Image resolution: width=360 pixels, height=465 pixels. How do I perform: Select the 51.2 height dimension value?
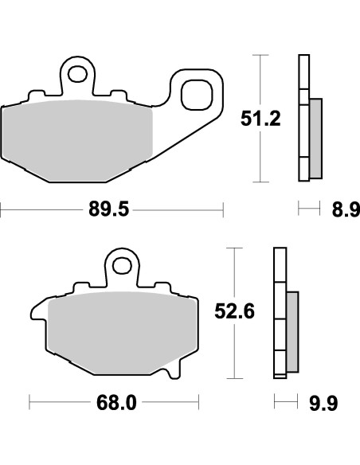(x=260, y=119)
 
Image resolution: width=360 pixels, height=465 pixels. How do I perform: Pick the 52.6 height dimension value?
(x=237, y=313)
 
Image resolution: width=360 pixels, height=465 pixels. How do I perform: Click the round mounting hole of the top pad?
(x=78, y=75)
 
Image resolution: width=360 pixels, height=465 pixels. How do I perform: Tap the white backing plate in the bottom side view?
(x=278, y=311)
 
